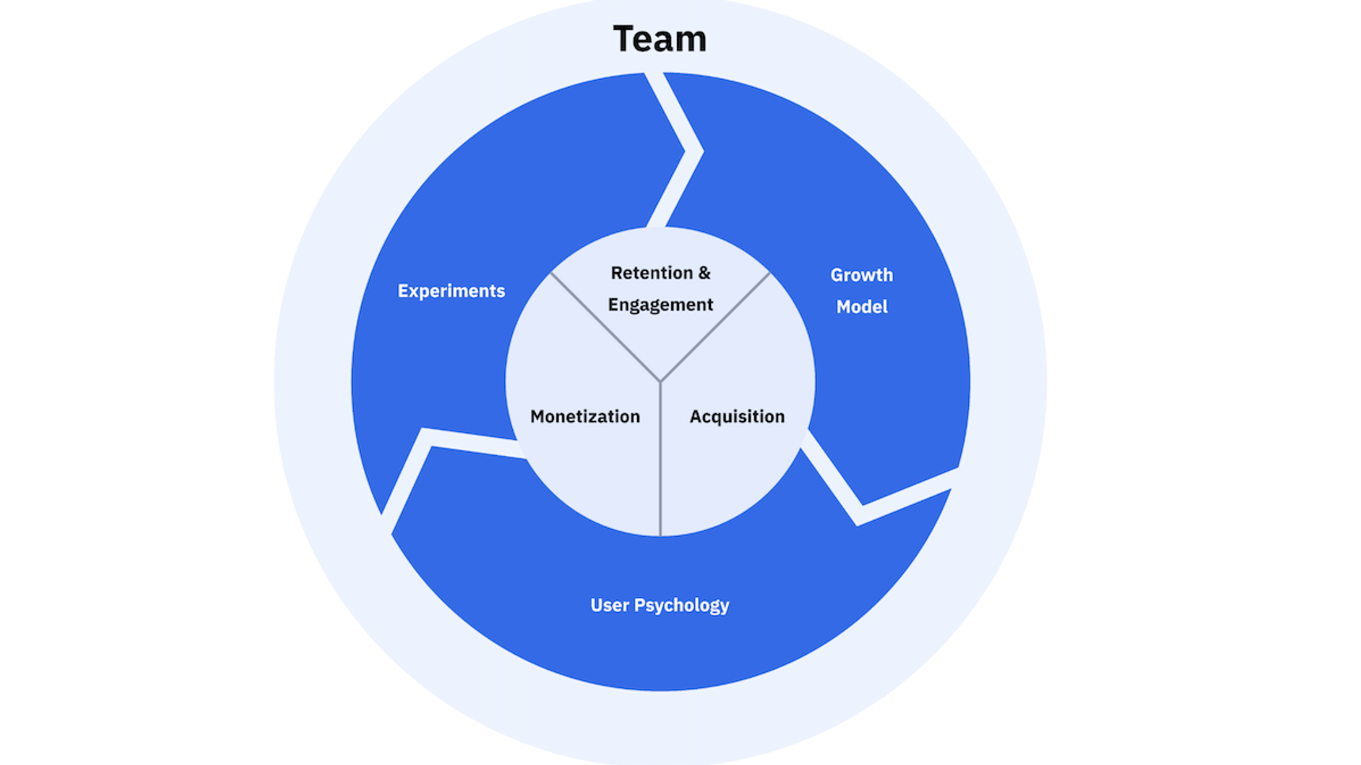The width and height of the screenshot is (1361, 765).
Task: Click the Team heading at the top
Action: click(659, 39)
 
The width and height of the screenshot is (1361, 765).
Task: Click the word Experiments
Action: click(451, 291)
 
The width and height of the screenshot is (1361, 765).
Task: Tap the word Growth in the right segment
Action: click(861, 275)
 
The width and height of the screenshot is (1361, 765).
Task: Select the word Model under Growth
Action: click(861, 307)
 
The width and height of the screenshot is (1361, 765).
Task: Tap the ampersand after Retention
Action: click(705, 273)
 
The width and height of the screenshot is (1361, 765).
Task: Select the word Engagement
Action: click(660, 305)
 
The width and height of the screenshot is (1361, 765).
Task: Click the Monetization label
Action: click(585, 416)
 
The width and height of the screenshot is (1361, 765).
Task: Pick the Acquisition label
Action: click(737, 416)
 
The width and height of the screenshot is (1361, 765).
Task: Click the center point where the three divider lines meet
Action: click(660, 381)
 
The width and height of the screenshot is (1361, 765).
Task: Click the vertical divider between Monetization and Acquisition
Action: click(660, 470)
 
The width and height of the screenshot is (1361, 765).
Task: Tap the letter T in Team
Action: click(624, 39)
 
